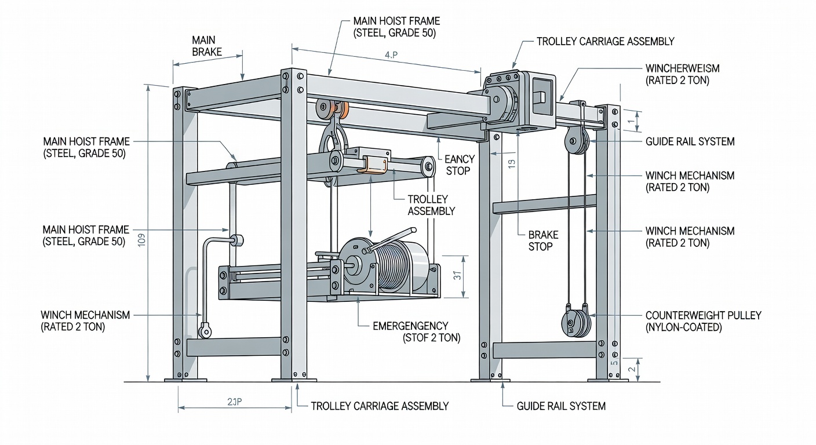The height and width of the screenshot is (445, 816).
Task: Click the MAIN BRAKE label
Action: [206, 46]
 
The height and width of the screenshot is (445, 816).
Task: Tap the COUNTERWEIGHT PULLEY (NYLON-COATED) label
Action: [703, 321]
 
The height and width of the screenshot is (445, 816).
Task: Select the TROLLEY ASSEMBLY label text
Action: [431, 205]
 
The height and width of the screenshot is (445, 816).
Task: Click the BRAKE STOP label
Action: [543, 240]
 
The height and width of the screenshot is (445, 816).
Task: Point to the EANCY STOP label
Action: [459, 165]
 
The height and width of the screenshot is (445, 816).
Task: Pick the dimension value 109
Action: [142, 239]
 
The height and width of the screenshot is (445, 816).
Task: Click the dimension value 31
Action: [457, 276]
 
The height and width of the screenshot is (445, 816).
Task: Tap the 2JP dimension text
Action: [234, 402]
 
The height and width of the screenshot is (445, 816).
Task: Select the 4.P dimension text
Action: [391, 55]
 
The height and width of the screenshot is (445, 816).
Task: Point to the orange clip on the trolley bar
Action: [376, 164]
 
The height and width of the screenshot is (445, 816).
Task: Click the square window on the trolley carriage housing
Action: [541, 96]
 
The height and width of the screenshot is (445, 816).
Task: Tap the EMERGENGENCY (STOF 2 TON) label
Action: [416, 331]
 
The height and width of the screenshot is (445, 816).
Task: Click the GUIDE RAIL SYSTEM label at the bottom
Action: [561, 406]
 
